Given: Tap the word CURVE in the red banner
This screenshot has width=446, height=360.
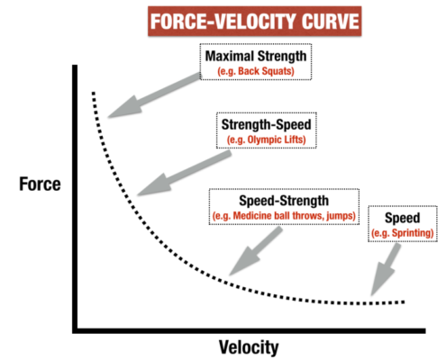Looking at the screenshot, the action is pos(331,22).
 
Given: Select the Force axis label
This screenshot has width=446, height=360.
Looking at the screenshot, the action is pos(40,184).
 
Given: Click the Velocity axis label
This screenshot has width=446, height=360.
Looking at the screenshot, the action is pos(249,347).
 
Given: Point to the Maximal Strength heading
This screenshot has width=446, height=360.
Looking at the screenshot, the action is pos(256,56).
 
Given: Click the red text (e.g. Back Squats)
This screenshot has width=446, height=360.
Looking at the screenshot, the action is pos(256,71).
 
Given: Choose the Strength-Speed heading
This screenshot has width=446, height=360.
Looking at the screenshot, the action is pos(266,124).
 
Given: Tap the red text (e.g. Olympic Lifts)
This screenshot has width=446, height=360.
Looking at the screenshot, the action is pos(266,139).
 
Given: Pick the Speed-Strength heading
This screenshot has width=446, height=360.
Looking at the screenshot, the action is pos(284,201).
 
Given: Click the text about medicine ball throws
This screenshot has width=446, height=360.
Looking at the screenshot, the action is pos(284,216).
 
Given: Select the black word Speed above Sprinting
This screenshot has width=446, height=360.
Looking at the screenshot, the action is pos(403,218).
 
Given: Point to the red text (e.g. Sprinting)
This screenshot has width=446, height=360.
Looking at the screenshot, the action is pos(403,233).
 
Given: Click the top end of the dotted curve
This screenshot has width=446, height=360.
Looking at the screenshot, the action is pos(94,93).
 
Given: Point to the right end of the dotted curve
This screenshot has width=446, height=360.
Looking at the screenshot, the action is pos(404,301).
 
